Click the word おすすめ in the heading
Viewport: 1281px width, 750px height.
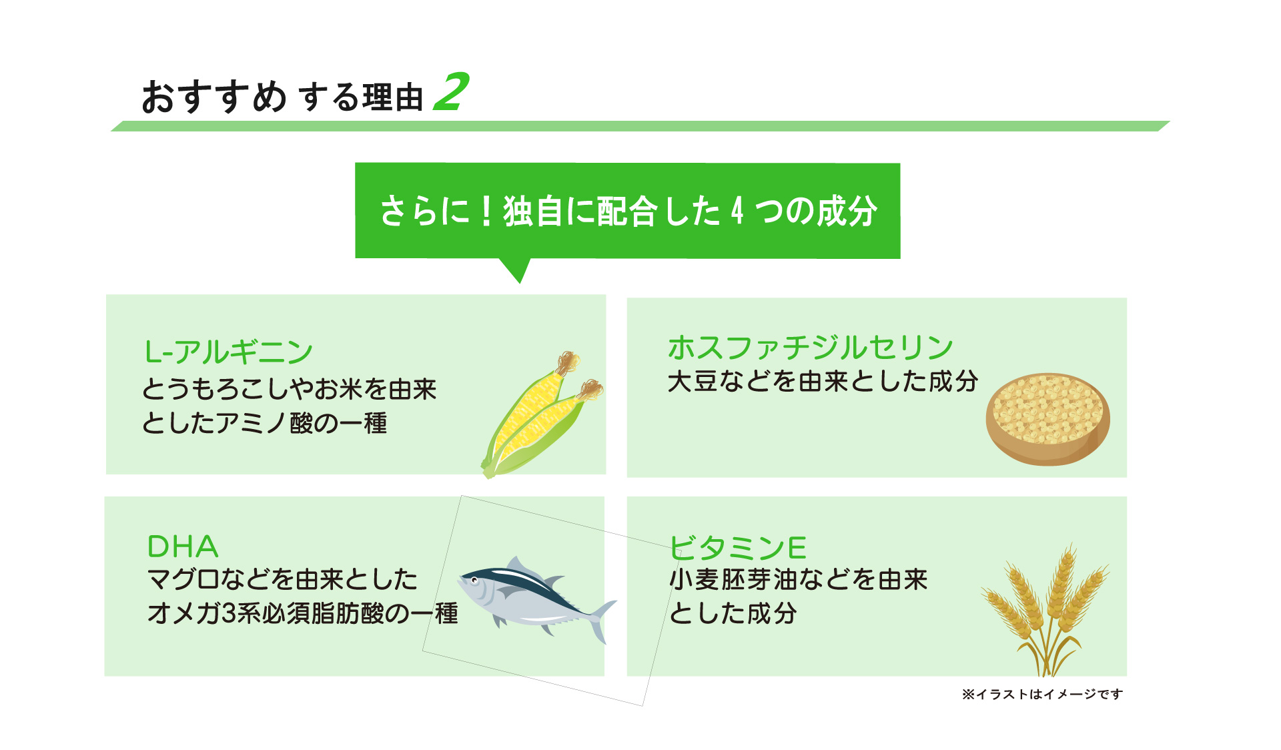pyautogui.click(x=213, y=97)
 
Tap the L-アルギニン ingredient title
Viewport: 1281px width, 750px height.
pyautogui.click(x=228, y=352)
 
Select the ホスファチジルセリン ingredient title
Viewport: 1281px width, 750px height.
pyautogui.click(x=810, y=347)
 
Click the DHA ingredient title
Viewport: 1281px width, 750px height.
pyautogui.click(x=182, y=547)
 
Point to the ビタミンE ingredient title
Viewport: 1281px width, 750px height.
pyautogui.click(x=738, y=548)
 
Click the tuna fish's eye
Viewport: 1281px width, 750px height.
pyautogui.click(x=474, y=580)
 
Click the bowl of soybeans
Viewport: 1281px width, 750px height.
pyautogui.click(x=1047, y=418)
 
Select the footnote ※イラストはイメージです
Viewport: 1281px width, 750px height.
pyautogui.click(x=1042, y=695)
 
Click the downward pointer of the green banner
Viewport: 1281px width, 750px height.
pyautogui.click(x=518, y=270)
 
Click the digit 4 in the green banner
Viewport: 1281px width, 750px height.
pyautogui.click(x=737, y=212)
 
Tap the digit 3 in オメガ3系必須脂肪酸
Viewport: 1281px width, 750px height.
pyautogui.click(x=228, y=613)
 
